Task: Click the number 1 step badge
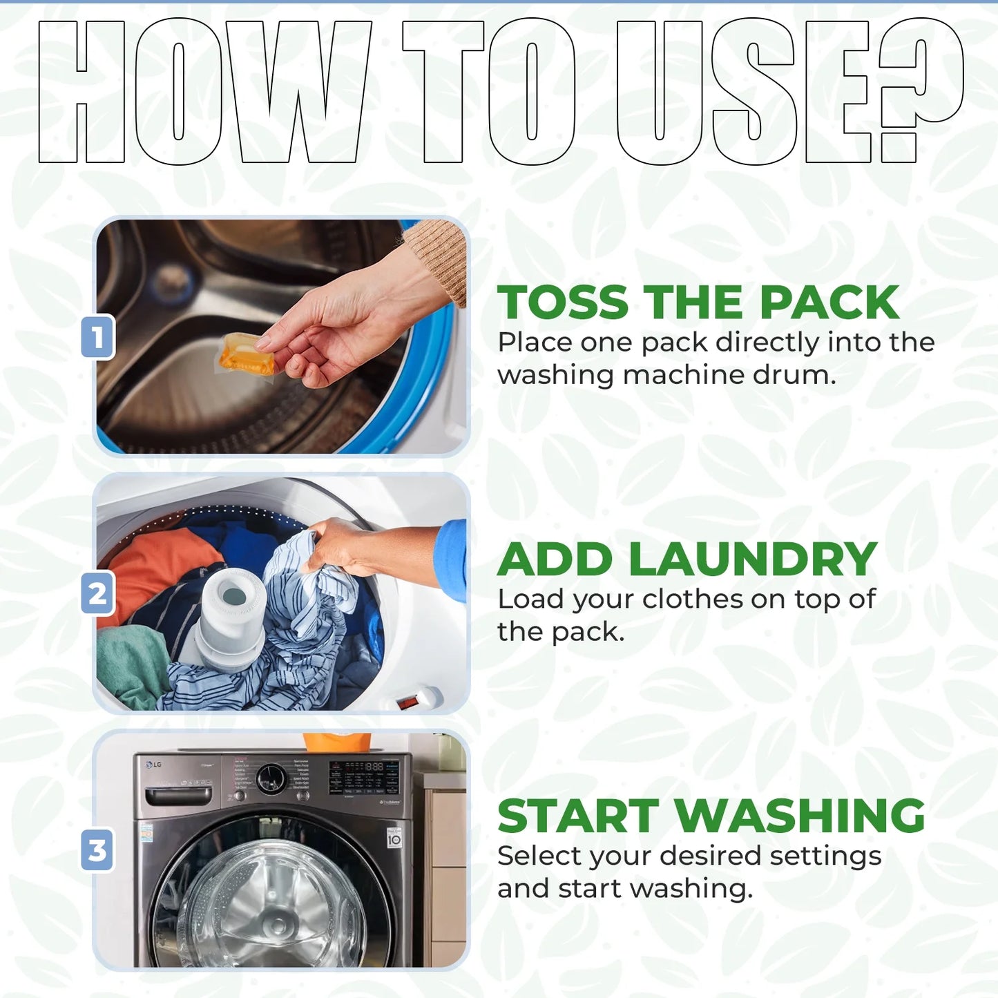point(97,337)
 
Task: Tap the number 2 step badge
point(97,593)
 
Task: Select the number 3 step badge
point(97,850)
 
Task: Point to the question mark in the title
point(921,91)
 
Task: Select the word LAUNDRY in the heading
point(753,559)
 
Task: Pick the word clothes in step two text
point(693,599)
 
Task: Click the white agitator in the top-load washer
point(230,617)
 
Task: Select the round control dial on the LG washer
point(270,778)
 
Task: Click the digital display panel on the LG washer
point(364,778)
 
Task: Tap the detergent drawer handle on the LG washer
point(178,796)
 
